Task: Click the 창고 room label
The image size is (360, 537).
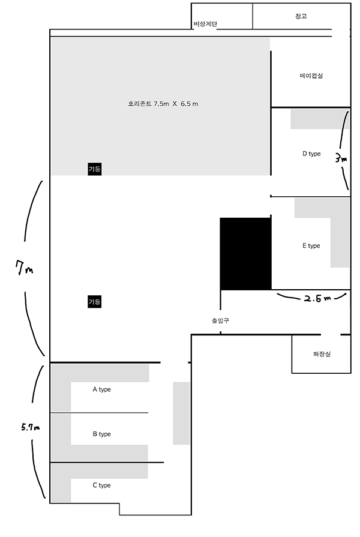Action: click(301, 16)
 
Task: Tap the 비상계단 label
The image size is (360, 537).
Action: click(205, 24)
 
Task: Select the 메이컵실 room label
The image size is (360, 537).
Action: click(311, 76)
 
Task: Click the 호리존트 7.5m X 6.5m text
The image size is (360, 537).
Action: click(163, 104)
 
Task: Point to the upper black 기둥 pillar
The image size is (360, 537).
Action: click(95, 169)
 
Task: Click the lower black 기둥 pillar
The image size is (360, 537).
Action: click(95, 302)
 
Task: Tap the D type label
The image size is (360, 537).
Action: click(311, 154)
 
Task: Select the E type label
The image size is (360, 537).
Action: click(311, 245)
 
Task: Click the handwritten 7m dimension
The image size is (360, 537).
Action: click(25, 269)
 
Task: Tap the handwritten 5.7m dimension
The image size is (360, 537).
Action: click(30, 428)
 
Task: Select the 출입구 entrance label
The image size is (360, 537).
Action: click(220, 320)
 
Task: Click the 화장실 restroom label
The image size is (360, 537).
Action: click(322, 354)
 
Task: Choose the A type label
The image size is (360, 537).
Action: click(101, 389)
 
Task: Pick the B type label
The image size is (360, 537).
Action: click(101, 434)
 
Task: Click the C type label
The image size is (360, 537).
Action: click(101, 485)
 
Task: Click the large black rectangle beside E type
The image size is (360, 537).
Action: click(245, 254)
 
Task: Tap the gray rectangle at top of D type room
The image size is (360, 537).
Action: click(320, 119)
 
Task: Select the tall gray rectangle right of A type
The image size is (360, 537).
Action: click(181, 413)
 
